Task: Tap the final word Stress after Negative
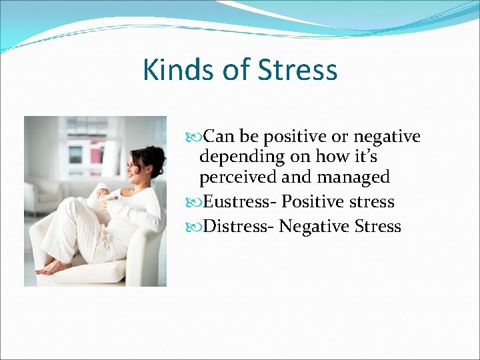pos(378,227)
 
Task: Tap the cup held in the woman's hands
pos(103,193)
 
